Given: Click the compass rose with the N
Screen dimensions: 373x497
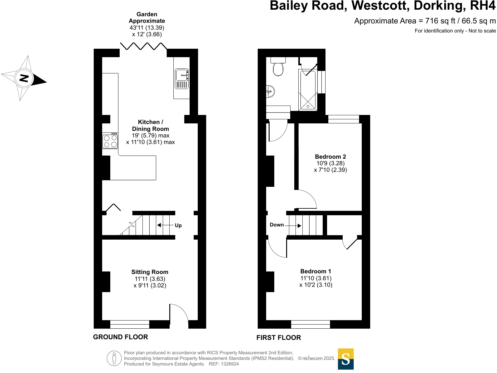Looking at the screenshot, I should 24,78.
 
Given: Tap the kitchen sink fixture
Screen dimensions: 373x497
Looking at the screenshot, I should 181,79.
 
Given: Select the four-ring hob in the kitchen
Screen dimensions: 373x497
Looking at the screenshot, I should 110,141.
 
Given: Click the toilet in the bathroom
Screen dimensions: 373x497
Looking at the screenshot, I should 278,67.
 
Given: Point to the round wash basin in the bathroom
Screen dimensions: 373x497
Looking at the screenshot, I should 270,92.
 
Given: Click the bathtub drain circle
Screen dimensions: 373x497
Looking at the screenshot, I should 308,107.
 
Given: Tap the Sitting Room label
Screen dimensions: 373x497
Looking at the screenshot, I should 150,272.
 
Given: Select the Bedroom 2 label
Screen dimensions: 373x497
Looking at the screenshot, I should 330,157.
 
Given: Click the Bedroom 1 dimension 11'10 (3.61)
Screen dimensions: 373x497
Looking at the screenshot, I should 316,278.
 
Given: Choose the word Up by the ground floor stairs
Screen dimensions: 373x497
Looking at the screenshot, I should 178,225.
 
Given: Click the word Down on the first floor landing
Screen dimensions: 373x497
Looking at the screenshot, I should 277,225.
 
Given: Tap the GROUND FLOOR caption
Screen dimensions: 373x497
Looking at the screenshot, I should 121,337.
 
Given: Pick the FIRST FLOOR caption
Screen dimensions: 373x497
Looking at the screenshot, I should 279,337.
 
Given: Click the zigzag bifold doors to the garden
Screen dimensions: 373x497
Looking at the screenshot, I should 143,46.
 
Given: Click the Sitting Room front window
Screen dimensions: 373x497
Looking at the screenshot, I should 130,324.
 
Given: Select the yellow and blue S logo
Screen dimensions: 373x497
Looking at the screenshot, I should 345,359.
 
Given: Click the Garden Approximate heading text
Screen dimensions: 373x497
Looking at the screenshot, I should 147,17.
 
